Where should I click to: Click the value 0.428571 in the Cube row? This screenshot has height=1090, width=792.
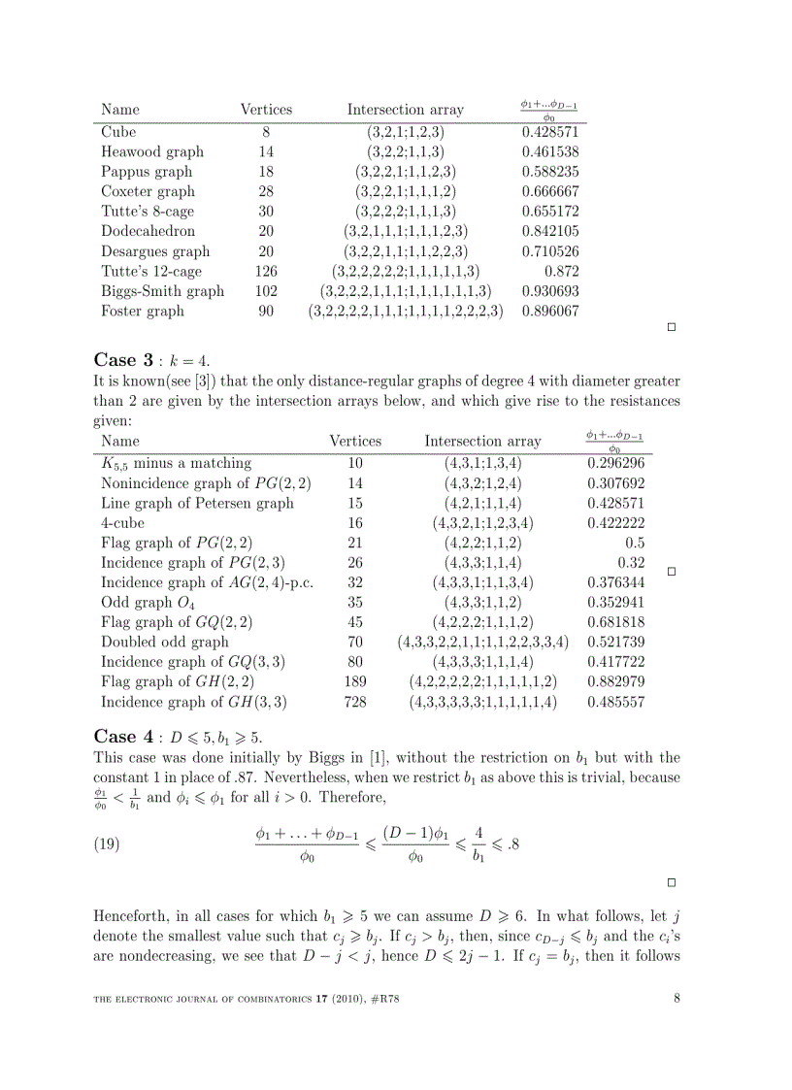pyautogui.click(x=550, y=132)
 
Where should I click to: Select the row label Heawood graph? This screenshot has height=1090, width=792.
pyautogui.click(x=152, y=151)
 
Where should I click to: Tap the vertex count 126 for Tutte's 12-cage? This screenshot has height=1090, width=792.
pyautogui.click(x=266, y=272)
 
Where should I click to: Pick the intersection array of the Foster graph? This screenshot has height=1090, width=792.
pyautogui.click(x=406, y=312)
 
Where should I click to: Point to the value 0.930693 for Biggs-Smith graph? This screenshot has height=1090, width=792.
pyautogui.click(x=550, y=291)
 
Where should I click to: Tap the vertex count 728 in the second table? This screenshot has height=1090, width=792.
pyautogui.click(x=355, y=702)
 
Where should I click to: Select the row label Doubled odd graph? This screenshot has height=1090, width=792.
pyautogui.click(x=165, y=642)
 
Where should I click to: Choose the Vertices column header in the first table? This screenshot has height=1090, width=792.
pyautogui.click(x=266, y=110)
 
